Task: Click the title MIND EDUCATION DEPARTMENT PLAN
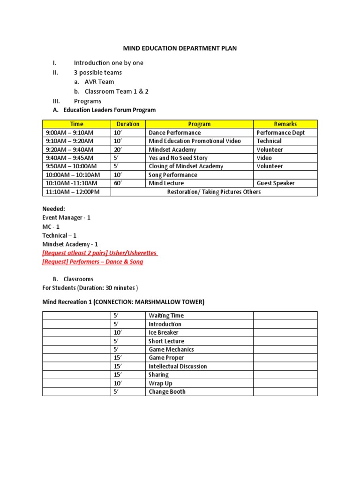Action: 180,48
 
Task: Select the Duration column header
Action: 128,124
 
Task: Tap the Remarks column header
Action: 285,124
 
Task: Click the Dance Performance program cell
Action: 174,133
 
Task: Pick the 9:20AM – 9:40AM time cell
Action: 69,150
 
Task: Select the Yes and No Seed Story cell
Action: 178,158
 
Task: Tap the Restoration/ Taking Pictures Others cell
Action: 214,192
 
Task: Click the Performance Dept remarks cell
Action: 280,133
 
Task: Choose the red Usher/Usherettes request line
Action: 100,253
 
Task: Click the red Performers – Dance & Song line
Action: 93,262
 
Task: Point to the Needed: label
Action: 54,209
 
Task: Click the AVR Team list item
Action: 99,82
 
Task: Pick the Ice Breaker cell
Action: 163,333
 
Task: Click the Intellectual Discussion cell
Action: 178,367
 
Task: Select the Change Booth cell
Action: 167,392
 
